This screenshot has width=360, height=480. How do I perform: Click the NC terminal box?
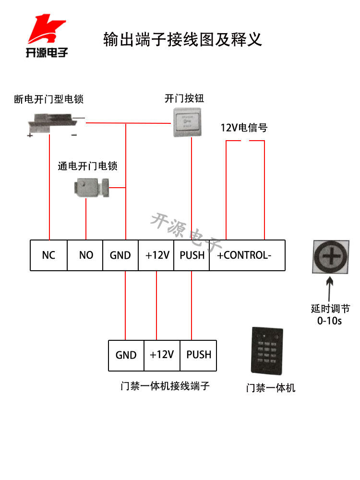point(48,255)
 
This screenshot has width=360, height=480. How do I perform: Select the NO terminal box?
point(85,255)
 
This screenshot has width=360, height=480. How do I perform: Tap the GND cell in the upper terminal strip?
point(120,255)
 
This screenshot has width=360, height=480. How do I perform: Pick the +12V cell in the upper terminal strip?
point(156,255)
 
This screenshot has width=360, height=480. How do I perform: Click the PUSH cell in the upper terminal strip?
point(192,255)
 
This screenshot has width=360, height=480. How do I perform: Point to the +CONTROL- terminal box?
point(247,255)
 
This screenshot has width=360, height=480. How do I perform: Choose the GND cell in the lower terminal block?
point(126,355)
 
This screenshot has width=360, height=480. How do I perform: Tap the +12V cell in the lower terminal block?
point(162,355)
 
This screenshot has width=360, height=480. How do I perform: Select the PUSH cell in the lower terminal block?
point(198,355)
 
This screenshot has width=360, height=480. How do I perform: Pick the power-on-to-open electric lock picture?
point(91,187)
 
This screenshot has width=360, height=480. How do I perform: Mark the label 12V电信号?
point(244,128)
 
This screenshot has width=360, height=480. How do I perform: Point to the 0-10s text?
point(329,321)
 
